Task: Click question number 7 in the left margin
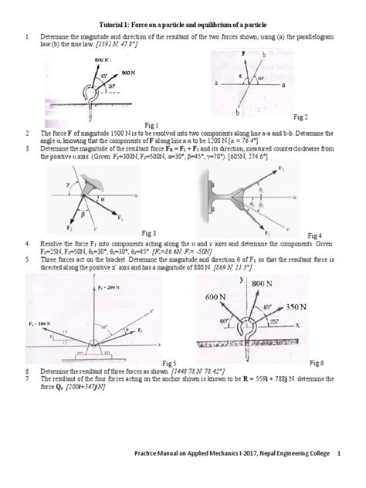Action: pyautogui.click(x=27, y=377)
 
